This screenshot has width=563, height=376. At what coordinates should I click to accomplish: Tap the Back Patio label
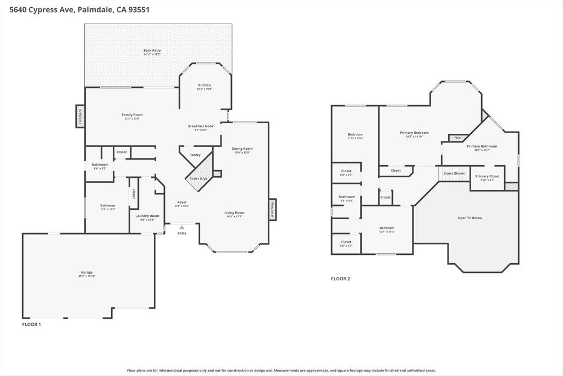coord(152,51)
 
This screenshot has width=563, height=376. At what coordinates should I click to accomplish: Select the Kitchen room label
coord(205,85)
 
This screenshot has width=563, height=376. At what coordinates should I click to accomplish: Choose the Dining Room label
coord(242,149)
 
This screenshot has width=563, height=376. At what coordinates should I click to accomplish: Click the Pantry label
coord(195,155)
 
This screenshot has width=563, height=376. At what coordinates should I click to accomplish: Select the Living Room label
coord(234,212)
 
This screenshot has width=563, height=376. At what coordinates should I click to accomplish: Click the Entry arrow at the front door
coord(181,227)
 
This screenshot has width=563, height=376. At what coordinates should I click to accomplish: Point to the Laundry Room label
coord(147,216)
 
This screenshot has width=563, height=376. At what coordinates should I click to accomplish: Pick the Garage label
coord(87,273)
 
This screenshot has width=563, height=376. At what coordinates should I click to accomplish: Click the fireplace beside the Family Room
coord(80,116)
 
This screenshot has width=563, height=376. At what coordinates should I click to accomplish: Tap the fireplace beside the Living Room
coord(272,209)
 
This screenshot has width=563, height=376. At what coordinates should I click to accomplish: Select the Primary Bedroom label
coord(414,133)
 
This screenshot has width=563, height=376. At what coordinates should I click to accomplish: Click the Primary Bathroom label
coord(482,146)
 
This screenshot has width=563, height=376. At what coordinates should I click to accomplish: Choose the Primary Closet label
coord(487,176)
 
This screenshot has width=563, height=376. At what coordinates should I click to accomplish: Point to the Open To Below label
coord(470,218)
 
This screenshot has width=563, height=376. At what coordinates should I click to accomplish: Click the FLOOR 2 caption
coord(340,279)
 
